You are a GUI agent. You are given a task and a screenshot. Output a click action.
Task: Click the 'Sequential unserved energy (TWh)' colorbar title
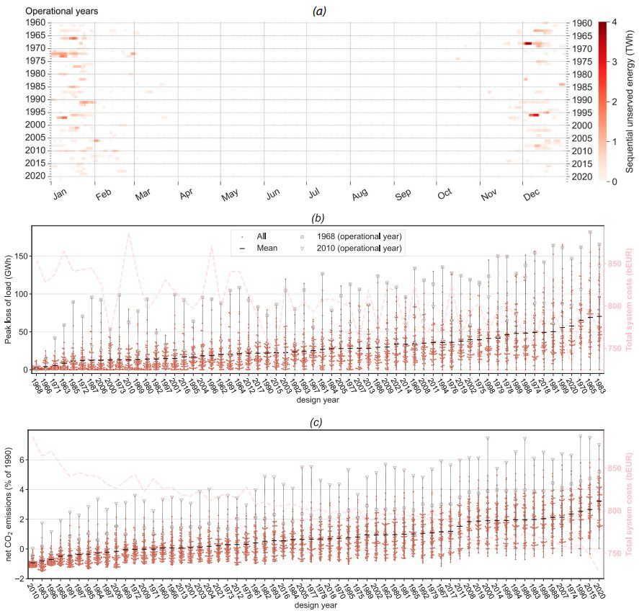pyautogui.click(x=629, y=103)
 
